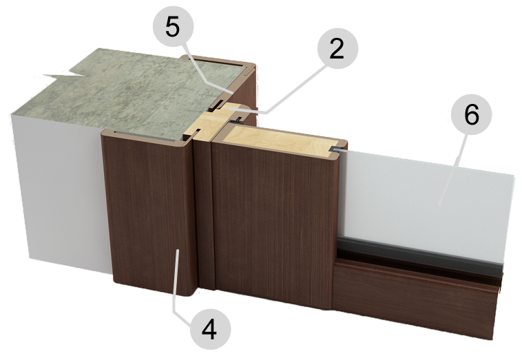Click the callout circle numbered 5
tap(173, 27)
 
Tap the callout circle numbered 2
tap(337, 49)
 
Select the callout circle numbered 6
tap(472, 114)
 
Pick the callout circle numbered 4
tap(210, 329)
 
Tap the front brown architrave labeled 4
tap(150, 213)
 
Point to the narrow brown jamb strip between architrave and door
tap(204, 213)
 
